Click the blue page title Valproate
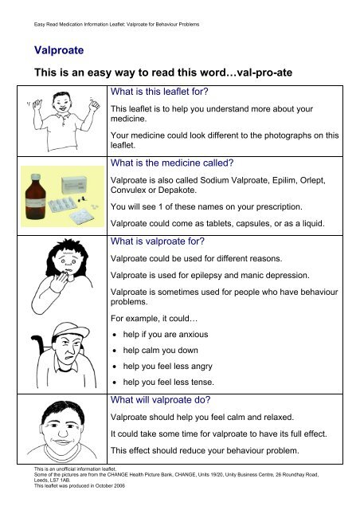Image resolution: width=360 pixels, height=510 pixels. (54, 51)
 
